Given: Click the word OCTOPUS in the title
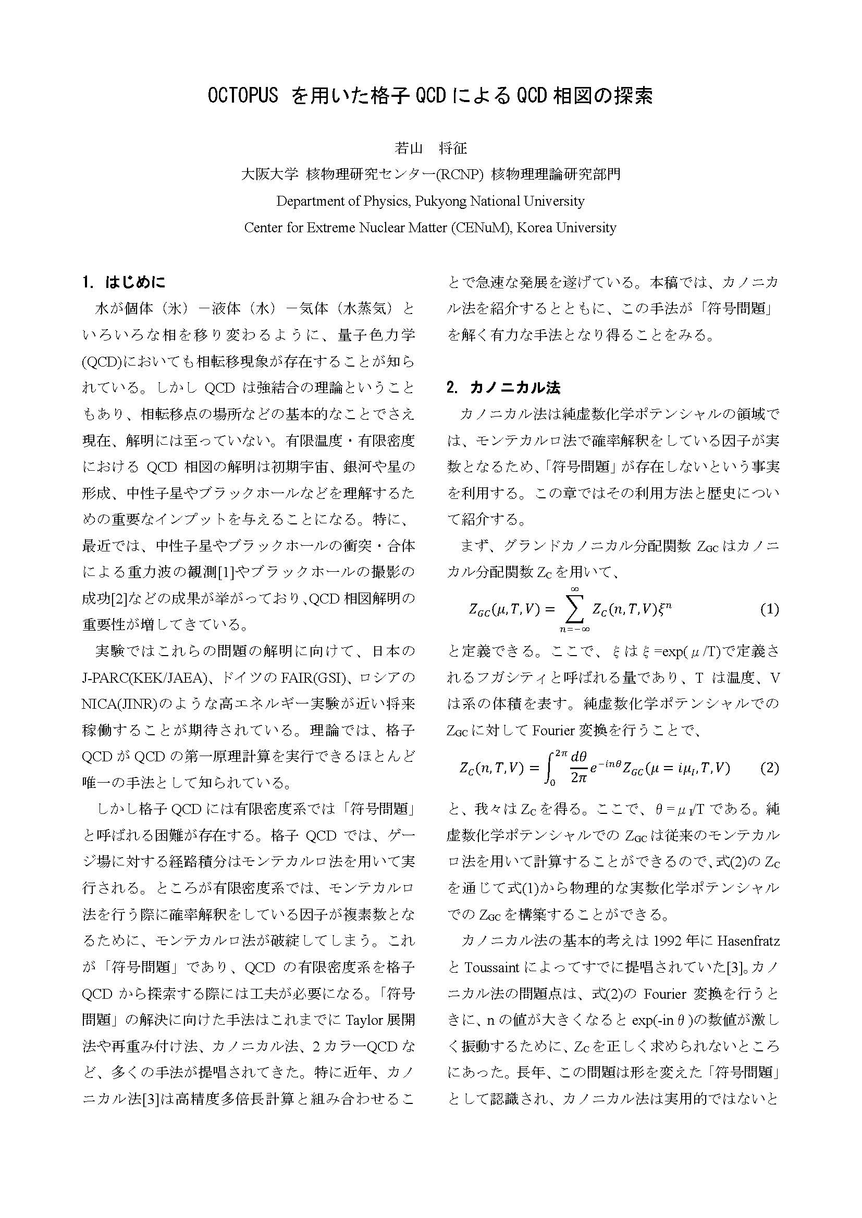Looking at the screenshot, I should tap(242, 95).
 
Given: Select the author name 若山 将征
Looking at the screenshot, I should tap(430, 148).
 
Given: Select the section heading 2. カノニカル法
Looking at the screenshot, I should tap(503, 387).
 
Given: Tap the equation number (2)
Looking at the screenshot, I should tap(769, 768).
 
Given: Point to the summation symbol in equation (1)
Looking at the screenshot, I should tap(574, 609).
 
